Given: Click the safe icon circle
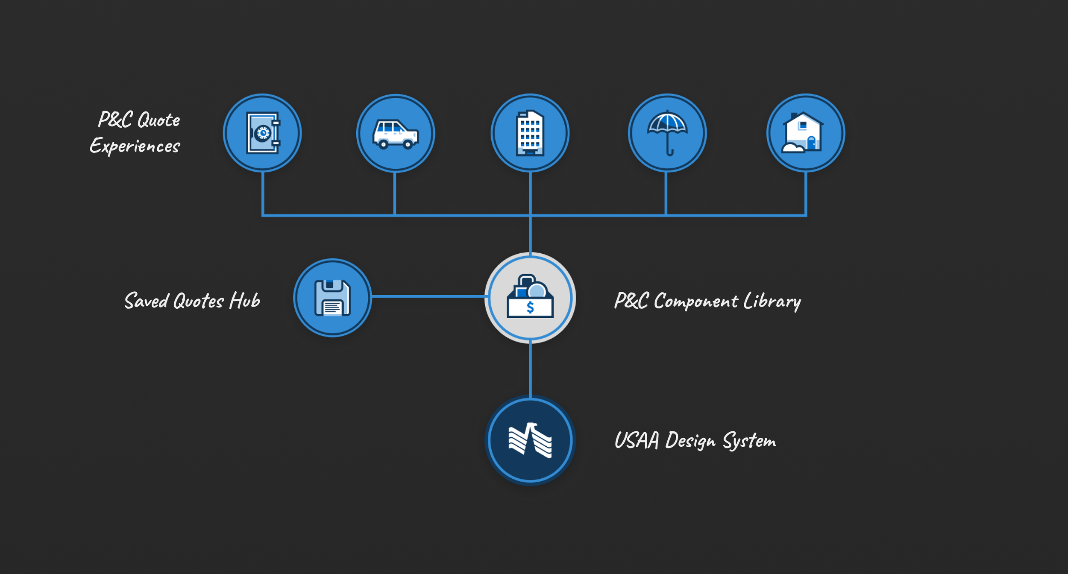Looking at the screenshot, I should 262,133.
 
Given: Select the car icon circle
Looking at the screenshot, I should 396,133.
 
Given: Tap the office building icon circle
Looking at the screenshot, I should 530,133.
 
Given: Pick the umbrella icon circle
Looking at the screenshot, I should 667,133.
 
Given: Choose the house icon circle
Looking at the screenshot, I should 806,133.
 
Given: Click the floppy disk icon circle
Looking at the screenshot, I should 332,298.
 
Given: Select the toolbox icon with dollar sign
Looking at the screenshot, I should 530,298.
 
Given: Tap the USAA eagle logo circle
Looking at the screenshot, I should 530,440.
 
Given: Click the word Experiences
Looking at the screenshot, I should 135,146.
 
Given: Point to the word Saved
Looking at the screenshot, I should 147,301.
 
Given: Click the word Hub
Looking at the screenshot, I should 245,301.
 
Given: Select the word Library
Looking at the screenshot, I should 772,302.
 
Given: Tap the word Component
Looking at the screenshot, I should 695,302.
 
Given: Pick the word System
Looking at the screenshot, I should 749,441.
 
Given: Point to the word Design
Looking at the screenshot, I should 690,441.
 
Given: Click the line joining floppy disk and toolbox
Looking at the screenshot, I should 427,296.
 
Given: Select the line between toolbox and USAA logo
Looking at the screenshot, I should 530,369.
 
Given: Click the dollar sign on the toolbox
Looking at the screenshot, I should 530,307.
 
